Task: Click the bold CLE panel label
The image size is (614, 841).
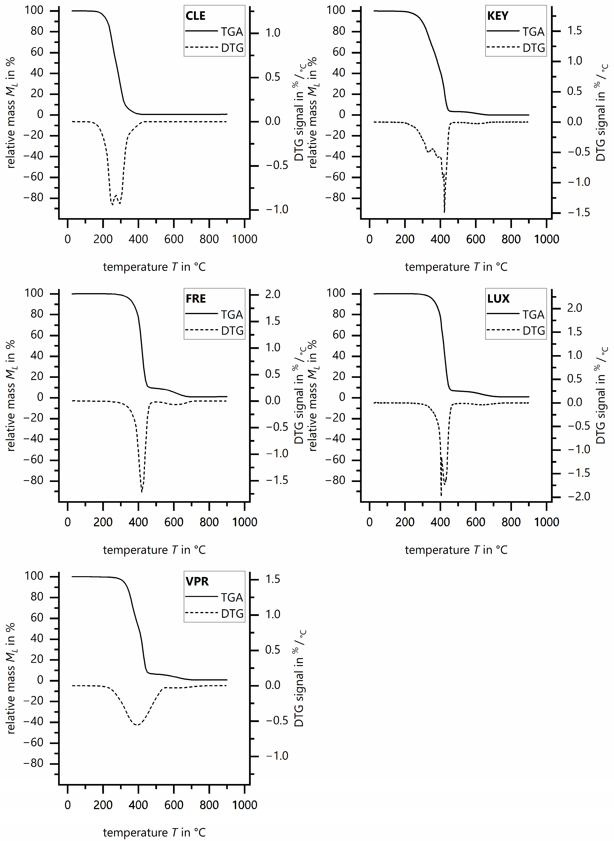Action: tap(196, 16)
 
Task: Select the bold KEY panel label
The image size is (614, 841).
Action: tap(498, 16)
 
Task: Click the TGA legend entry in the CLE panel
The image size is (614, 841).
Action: tap(232, 32)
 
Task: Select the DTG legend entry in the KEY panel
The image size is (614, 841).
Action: tap(534, 48)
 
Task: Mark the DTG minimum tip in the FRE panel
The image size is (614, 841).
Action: tap(142, 492)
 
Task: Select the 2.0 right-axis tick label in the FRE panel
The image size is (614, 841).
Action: tap(273, 295)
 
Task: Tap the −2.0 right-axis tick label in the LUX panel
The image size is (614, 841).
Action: tap(578, 497)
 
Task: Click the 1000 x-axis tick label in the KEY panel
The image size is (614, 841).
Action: tap(546, 239)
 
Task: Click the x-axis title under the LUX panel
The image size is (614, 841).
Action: tap(456, 550)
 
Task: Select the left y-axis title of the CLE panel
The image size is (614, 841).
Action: tap(11, 113)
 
